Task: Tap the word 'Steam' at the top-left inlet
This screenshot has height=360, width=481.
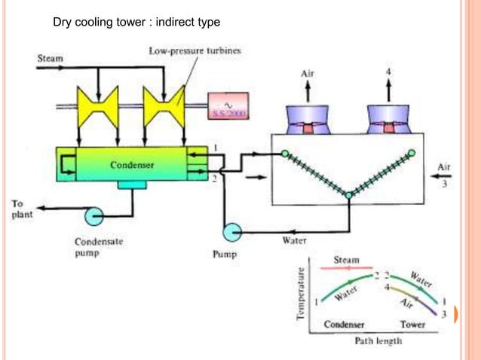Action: (51, 57)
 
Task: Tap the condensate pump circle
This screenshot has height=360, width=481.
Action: (94, 217)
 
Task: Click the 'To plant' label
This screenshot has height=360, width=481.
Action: (18, 208)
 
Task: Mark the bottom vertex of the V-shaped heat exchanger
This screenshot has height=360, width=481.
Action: (348, 196)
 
